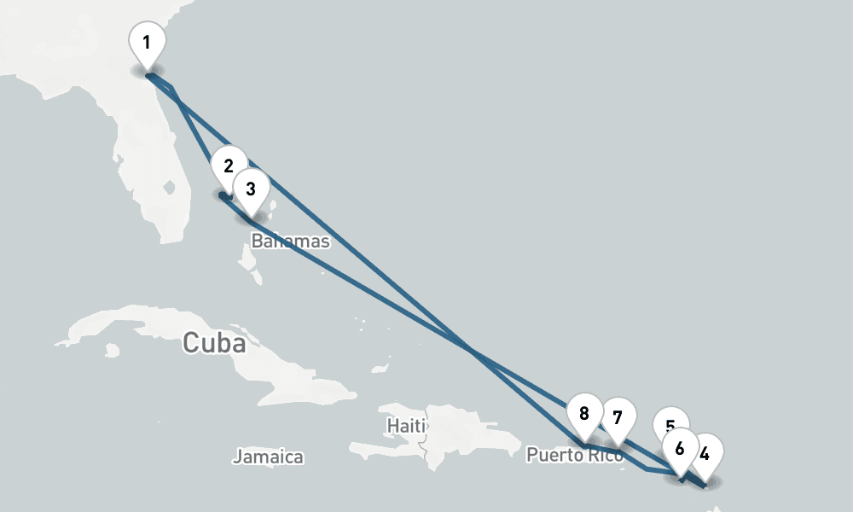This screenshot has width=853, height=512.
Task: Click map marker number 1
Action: click(x=147, y=42)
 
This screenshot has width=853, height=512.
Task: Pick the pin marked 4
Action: click(x=705, y=453)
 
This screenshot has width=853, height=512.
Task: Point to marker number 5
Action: click(x=670, y=424)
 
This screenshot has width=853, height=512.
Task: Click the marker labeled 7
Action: click(x=618, y=417)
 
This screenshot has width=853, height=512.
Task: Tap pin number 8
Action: click(x=584, y=414)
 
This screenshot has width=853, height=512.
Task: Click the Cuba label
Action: click(x=214, y=344)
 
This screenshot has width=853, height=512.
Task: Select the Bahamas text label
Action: click(x=290, y=241)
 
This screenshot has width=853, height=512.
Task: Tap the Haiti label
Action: click(x=405, y=424)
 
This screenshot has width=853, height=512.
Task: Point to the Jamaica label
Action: click(x=268, y=457)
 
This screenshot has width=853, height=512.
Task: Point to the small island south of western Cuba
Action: click(x=111, y=350)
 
